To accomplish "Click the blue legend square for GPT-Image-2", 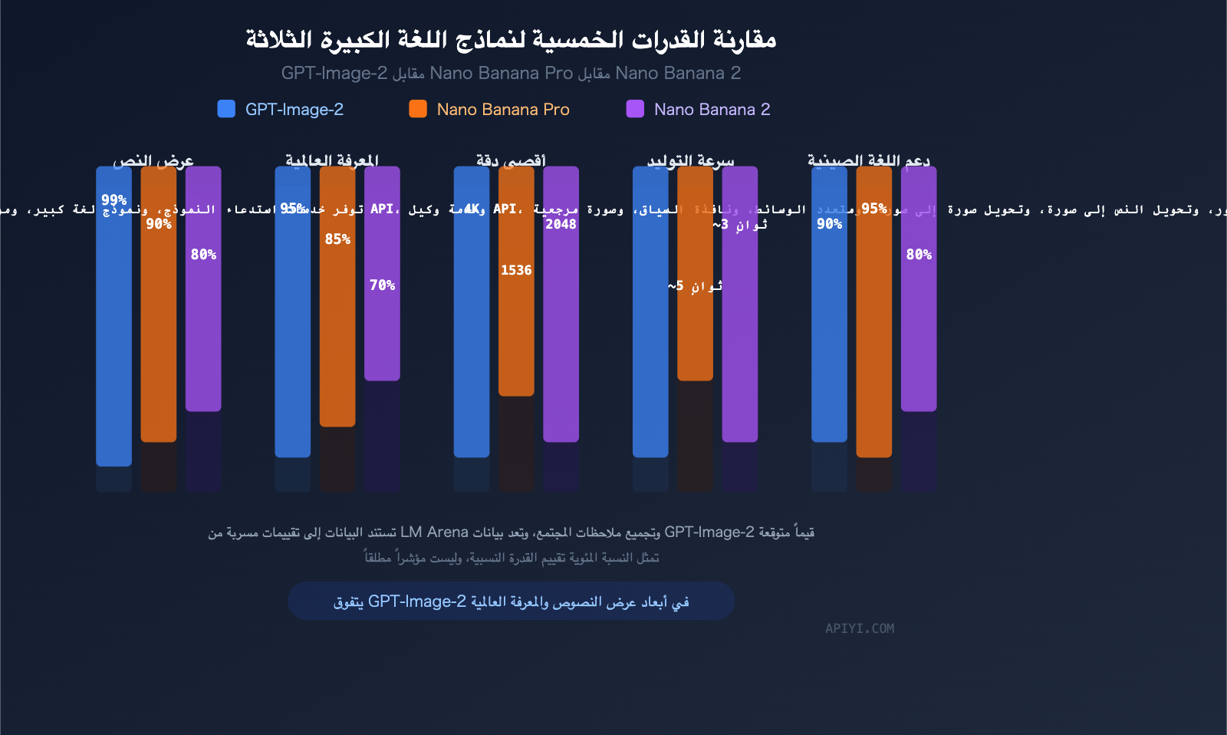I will (226, 109).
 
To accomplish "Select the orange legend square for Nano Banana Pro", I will (418, 109).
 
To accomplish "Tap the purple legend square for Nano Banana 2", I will (635, 109).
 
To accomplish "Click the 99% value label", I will (114, 200).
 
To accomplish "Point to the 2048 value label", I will (561, 224).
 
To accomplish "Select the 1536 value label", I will (516, 270).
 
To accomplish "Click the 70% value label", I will (382, 285).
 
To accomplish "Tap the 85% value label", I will (337, 239).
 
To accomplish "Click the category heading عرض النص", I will (153, 160).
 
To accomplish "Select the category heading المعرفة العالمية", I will (332, 160).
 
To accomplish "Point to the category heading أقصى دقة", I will (511, 160).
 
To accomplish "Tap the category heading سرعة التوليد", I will (690, 160).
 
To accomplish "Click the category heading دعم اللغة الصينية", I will (869, 160).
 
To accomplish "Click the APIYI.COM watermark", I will (860, 628).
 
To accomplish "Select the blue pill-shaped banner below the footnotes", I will (511, 601).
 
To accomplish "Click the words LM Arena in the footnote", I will (434, 532).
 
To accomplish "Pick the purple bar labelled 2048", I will (561, 330).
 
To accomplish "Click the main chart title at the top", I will (511, 39).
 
